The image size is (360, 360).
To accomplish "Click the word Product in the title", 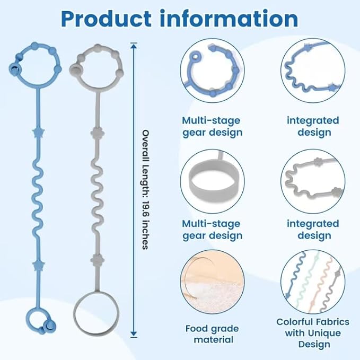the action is click(x=106, y=19).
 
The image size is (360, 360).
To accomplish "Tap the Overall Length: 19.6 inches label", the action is click(x=146, y=190).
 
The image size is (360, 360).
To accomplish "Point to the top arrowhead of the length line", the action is click(x=134, y=46).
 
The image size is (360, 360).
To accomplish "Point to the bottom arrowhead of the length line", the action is click(x=134, y=334).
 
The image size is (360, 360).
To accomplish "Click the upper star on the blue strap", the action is click(x=38, y=133).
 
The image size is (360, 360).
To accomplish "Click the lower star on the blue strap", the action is click(x=38, y=265).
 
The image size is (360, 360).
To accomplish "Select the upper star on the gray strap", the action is click(x=98, y=133).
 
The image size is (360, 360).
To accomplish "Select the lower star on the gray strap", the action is click(x=98, y=260).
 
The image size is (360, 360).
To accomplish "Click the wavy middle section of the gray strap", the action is click(x=96, y=198).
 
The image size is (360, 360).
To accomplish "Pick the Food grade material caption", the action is click(x=212, y=334).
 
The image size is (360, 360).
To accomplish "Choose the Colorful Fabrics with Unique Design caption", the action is click(x=313, y=333).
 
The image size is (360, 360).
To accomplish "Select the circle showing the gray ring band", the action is click(x=213, y=181).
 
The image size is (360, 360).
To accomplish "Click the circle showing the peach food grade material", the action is click(x=213, y=282).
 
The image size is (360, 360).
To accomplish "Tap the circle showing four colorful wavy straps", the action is click(x=313, y=282).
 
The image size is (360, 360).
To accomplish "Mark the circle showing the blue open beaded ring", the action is click(x=213, y=71).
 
